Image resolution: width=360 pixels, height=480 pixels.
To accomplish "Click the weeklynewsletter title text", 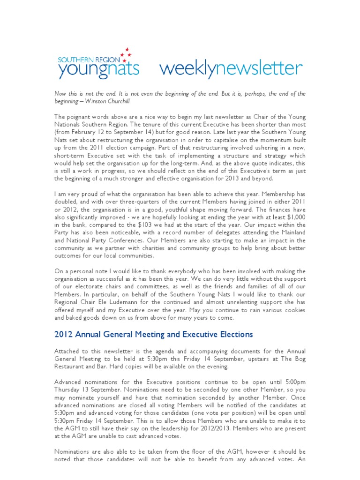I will [231, 69].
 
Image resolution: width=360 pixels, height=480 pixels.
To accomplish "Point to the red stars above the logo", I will [126, 52].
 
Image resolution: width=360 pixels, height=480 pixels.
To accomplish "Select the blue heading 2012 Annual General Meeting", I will [153, 335].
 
